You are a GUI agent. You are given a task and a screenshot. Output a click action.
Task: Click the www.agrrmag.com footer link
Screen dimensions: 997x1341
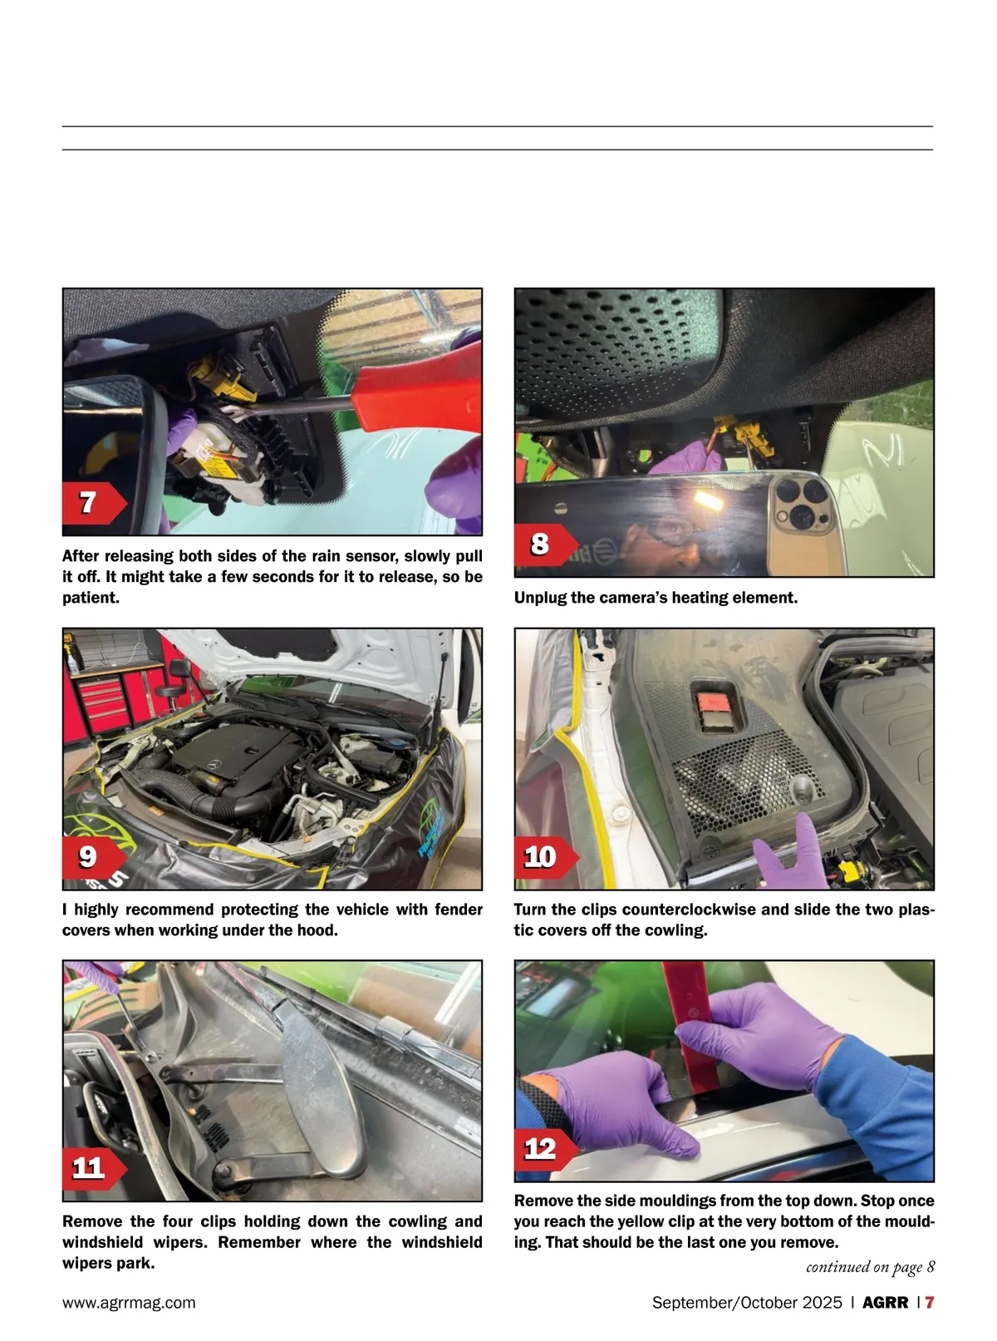click(x=129, y=1302)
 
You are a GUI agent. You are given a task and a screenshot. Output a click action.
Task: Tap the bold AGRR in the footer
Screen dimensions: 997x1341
click(x=885, y=1302)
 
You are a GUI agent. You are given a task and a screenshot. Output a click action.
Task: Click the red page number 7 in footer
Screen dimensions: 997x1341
click(x=930, y=1302)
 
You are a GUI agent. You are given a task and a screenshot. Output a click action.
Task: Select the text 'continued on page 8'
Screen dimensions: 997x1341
click(x=870, y=1267)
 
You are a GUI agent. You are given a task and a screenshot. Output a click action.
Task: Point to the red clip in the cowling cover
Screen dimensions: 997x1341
click(x=714, y=702)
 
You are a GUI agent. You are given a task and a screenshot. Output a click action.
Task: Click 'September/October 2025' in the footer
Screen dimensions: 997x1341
click(x=747, y=1302)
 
